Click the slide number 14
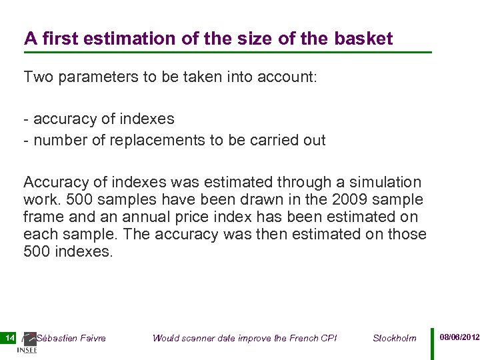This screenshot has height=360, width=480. [x=9, y=338]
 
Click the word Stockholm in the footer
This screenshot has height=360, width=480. [x=394, y=338]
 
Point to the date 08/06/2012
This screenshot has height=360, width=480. [x=459, y=337]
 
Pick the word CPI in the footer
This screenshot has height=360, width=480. [x=329, y=338]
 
